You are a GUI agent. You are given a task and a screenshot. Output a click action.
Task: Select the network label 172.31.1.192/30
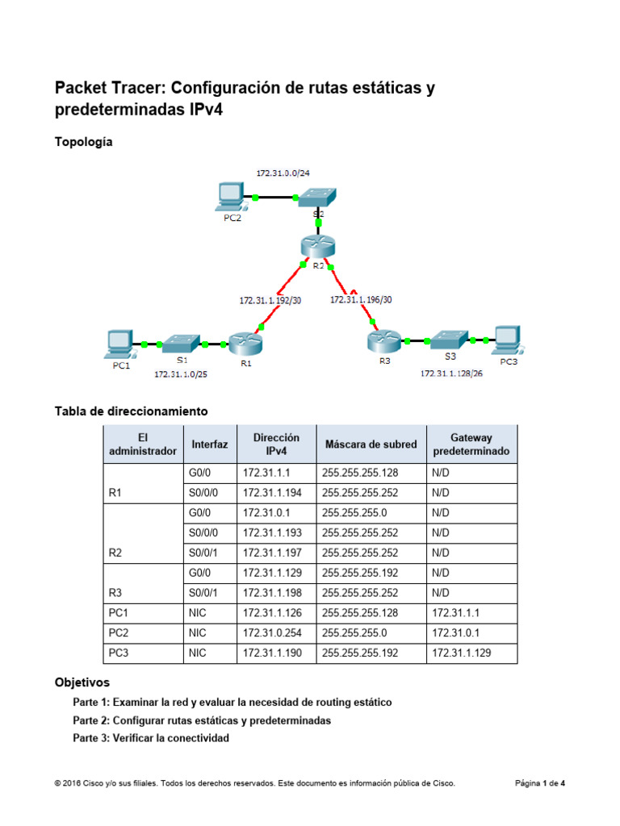pos(270,300)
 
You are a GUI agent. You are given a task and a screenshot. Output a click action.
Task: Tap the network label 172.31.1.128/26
pos(451,373)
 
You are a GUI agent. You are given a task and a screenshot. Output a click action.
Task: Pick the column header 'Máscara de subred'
pos(371,444)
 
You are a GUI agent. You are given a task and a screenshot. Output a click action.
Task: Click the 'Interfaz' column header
pos(210,444)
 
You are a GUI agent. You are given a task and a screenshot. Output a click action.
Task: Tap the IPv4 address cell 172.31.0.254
pos(270,633)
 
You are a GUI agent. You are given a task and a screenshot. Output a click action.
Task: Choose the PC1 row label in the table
pos(118,613)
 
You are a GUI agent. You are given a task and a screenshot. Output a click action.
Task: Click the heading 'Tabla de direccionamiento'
pos(131,411)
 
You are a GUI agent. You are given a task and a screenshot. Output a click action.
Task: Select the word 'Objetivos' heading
pos(82,682)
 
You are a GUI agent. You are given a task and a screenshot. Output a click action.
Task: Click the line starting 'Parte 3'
pos(151,738)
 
